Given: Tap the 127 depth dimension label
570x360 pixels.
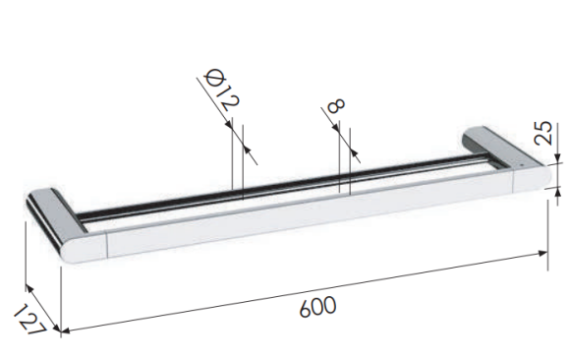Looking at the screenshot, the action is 30,320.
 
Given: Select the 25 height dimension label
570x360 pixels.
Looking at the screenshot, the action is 544,133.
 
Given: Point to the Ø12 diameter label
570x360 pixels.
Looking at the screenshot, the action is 222,90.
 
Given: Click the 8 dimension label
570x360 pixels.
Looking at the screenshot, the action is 335,106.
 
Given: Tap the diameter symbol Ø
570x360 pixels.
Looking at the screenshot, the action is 213,78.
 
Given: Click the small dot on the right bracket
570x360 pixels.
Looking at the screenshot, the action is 522,165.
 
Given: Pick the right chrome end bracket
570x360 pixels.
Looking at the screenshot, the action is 507,159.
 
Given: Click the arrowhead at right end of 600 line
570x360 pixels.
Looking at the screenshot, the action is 543,254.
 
